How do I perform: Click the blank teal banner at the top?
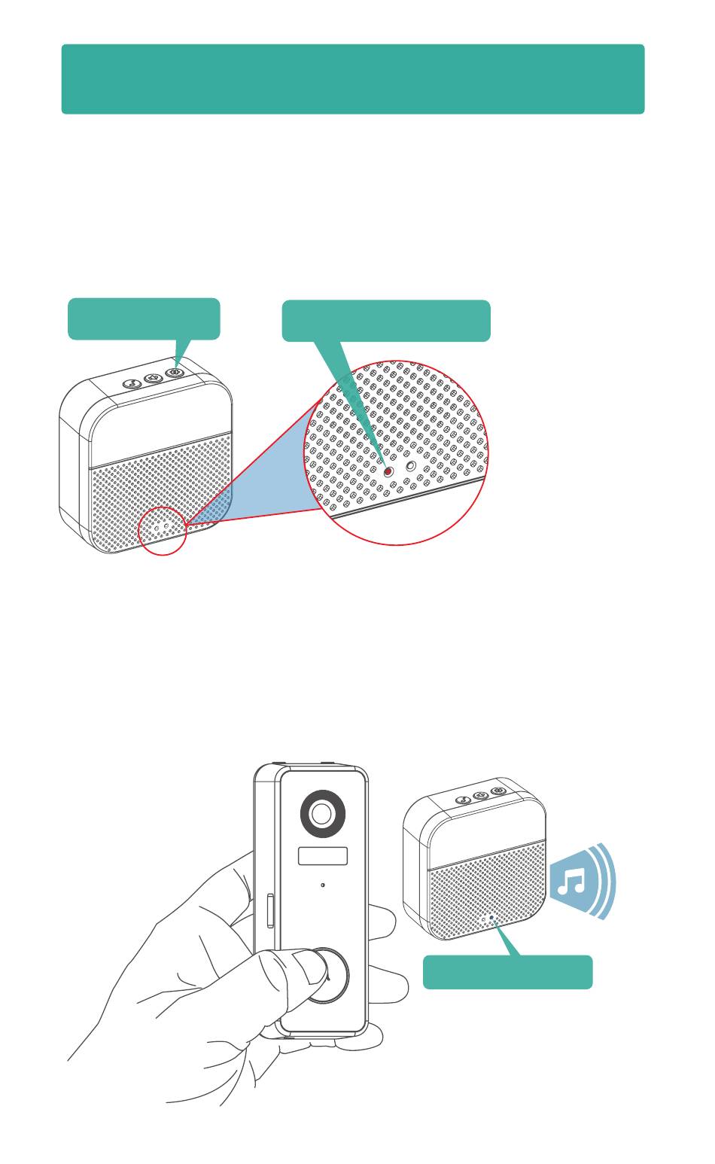coord(352,79)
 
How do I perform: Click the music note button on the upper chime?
coord(131,382)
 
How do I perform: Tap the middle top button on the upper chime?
coord(154,376)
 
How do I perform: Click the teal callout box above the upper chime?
coord(144,318)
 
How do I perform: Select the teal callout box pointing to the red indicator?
coord(385,320)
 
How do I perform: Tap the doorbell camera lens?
coord(322,813)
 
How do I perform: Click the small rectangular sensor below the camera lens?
coord(323,856)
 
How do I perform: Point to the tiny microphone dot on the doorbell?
coord(323,885)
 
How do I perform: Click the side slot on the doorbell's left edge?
coord(269,911)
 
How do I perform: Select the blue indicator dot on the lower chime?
coord(492,918)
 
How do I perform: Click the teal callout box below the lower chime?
coord(507,972)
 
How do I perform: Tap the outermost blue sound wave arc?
coord(610,881)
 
